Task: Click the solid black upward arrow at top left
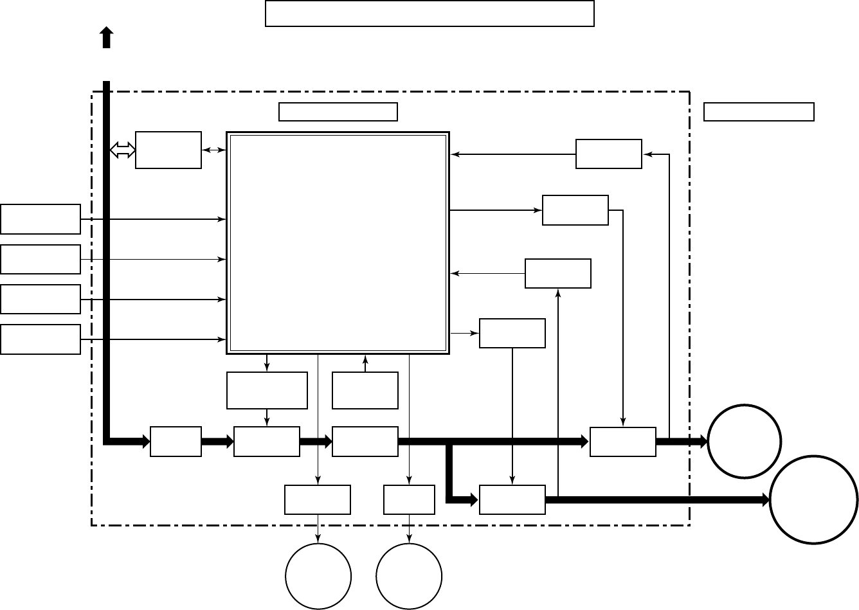pyautogui.click(x=107, y=38)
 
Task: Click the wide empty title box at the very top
pyautogui.click(x=429, y=13)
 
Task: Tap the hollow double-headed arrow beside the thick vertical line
pyautogui.click(x=123, y=150)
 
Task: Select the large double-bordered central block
pyautogui.click(x=338, y=243)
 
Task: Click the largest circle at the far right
pyautogui.click(x=814, y=500)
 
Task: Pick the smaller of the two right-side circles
pyautogui.click(x=745, y=442)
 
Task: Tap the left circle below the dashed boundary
pyautogui.click(x=318, y=576)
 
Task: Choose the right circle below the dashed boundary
pyautogui.click(x=409, y=576)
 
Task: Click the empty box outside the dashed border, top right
pyautogui.click(x=759, y=112)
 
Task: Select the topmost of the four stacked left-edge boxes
pyautogui.click(x=41, y=219)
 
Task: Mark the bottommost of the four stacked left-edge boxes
pyautogui.click(x=41, y=339)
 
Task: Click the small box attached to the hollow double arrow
pyautogui.click(x=168, y=150)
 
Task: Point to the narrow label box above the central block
pyautogui.click(x=338, y=112)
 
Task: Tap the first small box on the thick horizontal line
pyautogui.click(x=176, y=442)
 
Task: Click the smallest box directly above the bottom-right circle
pyautogui.click(x=409, y=499)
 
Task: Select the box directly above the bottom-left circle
pyautogui.click(x=318, y=499)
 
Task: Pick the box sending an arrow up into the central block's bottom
pyautogui.click(x=365, y=390)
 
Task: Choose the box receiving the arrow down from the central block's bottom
pyautogui.click(x=267, y=390)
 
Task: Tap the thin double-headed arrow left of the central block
pyautogui.click(x=214, y=150)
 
